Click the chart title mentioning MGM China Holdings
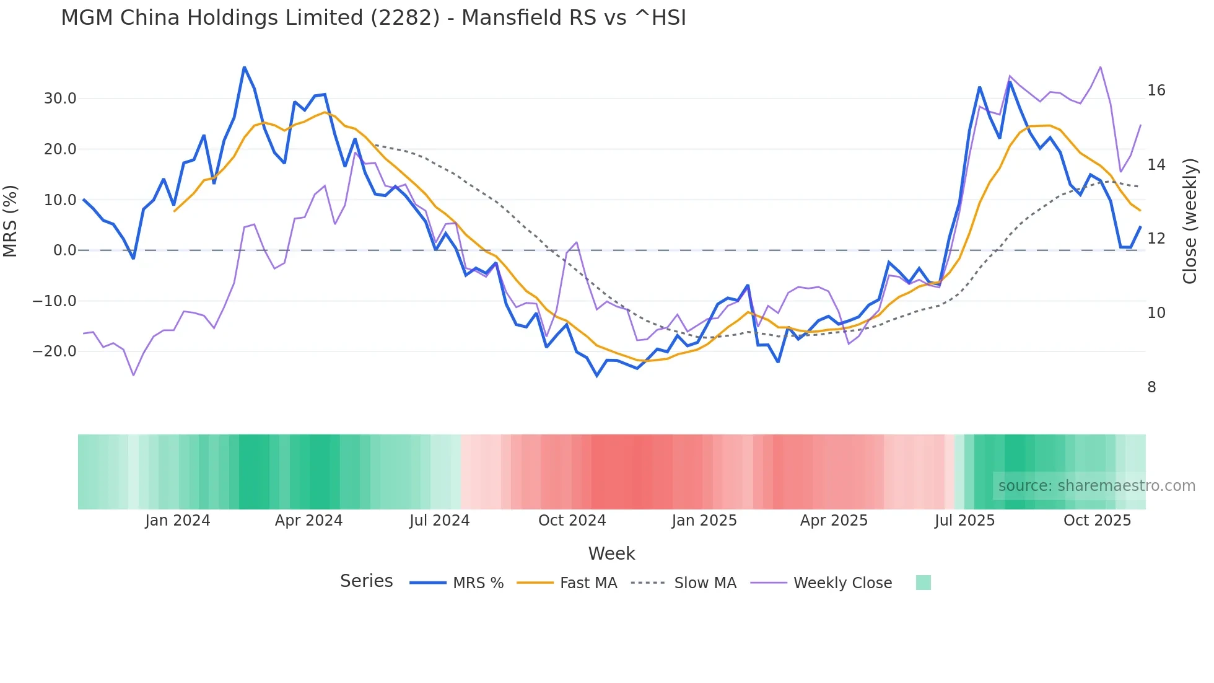373,18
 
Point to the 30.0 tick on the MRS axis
60,99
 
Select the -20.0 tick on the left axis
55,351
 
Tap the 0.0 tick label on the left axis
64,250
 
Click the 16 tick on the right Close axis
1156,90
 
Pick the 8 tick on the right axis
1151,387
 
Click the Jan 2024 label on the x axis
177,521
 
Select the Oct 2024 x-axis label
572,521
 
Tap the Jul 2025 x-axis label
964,521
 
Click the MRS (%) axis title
11,221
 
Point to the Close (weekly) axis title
1190,221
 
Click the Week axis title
611,553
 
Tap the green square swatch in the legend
923,583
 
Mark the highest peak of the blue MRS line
244,67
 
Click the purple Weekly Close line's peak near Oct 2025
1100,66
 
